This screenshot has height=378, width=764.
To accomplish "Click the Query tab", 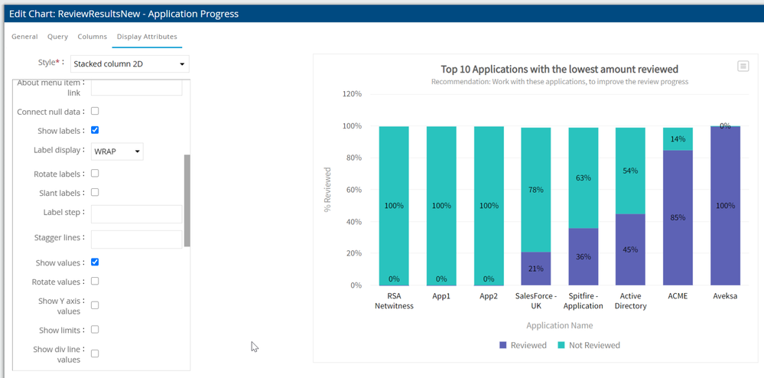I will tap(57, 37).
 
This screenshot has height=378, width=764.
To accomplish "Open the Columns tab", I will tap(93, 37).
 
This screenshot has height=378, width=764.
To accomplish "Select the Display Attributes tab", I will tap(147, 37).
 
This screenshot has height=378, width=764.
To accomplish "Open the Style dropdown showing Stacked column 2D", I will tap(130, 64).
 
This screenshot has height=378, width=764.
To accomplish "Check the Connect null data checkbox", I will tap(95, 112).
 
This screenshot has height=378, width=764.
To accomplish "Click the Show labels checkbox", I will tap(95, 130).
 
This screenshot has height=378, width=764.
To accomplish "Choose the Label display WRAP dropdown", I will tap(117, 152).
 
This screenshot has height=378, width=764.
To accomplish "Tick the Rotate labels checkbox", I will tap(95, 174).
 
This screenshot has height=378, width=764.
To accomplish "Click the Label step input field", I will tap(136, 213).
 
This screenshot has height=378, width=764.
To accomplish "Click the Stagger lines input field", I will tap(136, 240).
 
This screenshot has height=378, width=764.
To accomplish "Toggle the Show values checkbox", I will tap(95, 262).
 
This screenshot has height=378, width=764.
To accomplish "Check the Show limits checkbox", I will tap(95, 330).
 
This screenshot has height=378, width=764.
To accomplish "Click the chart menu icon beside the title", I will tap(743, 67).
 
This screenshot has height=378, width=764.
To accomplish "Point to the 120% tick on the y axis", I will tap(352, 94).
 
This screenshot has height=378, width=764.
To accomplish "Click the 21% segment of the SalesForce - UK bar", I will tap(536, 269).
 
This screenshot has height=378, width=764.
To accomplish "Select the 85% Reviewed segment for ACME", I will tap(678, 217).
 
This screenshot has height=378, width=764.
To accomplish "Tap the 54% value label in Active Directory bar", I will tap(631, 171).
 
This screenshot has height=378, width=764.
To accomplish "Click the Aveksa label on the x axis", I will tap(725, 296).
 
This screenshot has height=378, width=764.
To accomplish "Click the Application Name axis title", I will tap(559, 325).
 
